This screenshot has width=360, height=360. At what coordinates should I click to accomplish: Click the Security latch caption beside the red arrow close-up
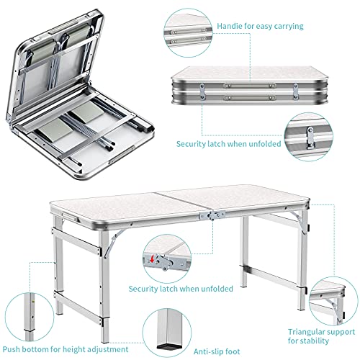pos(181,288)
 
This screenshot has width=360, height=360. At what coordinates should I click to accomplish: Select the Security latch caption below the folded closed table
pos(228,143)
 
